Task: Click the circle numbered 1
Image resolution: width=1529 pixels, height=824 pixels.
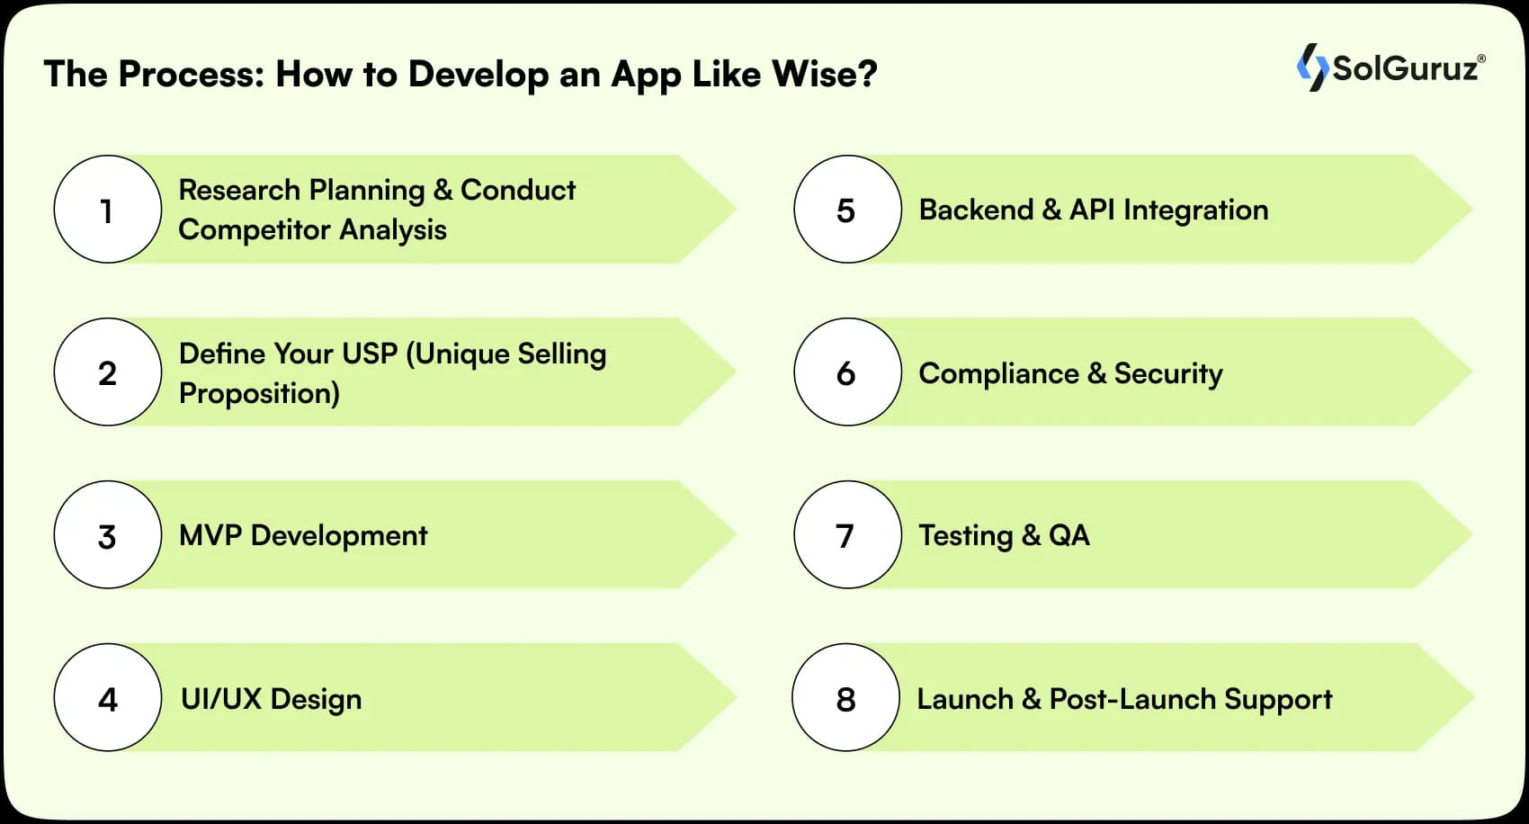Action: click(x=108, y=210)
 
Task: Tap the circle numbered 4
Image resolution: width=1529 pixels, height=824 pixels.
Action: click(x=108, y=698)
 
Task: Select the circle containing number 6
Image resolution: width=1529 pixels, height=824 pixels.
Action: click(x=847, y=372)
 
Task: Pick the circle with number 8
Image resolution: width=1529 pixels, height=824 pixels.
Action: click(x=845, y=698)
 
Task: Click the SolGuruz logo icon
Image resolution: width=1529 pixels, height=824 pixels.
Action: click(x=1312, y=67)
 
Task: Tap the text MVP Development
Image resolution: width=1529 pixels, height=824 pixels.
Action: click(x=303, y=535)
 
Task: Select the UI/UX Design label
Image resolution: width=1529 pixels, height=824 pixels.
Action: click(x=271, y=699)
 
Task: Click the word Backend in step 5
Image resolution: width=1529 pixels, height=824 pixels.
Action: click(x=976, y=210)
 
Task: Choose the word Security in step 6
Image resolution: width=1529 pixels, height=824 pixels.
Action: click(x=1168, y=373)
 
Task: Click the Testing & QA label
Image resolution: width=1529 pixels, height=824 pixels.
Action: click(x=1004, y=535)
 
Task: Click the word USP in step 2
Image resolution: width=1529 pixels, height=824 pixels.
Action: click(x=370, y=354)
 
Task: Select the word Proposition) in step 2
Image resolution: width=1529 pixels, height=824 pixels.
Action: click(x=259, y=393)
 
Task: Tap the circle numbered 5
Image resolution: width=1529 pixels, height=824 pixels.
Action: click(x=847, y=210)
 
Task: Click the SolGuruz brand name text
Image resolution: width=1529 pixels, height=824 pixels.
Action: click(x=1405, y=68)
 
